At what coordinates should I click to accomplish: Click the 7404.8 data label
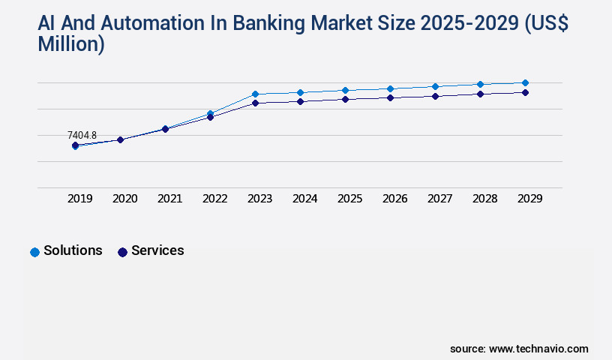(x=82, y=136)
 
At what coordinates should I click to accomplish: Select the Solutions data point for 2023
(x=255, y=94)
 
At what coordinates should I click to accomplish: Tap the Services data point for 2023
(x=255, y=103)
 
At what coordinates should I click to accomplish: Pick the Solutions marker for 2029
(x=525, y=82)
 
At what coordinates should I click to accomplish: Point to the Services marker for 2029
(x=525, y=92)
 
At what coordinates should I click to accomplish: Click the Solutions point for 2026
(x=390, y=88)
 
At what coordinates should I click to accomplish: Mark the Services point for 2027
(x=435, y=96)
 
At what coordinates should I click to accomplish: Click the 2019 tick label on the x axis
(x=80, y=199)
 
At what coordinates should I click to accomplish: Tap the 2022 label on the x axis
(x=215, y=199)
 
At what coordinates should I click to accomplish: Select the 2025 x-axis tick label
(x=350, y=199)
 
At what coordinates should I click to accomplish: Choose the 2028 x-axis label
(x=485, y=199)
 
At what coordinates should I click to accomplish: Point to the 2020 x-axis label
(x=125, y=199)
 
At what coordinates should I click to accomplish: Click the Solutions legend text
(x=73, y=250)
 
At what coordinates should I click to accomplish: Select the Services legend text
(x=157, y=250)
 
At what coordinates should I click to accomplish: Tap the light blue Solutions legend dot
(x=34, y=252)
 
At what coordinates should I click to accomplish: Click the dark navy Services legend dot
(x=122, y=252)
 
